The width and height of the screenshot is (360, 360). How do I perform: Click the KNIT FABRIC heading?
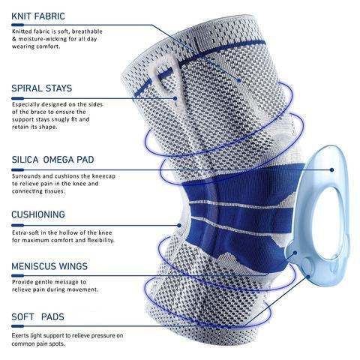tap(38, 16)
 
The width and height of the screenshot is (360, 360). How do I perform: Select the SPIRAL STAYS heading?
tap(42, 88)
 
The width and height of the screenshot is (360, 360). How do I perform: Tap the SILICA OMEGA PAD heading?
tap(52, 160)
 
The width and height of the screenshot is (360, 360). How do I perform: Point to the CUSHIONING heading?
tap(38, 214)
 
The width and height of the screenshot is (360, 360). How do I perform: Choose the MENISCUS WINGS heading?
tap(49, 266)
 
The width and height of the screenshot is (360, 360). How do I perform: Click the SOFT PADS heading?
tap(37, 317)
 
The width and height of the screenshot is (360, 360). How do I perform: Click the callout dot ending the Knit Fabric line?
tap(238, 80)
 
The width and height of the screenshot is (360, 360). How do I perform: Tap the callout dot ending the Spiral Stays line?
tap(175, 98)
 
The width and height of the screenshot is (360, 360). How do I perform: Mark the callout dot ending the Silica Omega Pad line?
tap(331, 169)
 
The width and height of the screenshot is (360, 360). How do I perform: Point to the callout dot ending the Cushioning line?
tap(179, 226)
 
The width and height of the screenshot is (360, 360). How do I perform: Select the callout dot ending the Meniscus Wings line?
tap(295, 253)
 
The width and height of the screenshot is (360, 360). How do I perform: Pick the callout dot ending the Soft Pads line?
tap(308, 277)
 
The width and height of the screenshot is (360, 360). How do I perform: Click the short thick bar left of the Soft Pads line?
tap(18, 326)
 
